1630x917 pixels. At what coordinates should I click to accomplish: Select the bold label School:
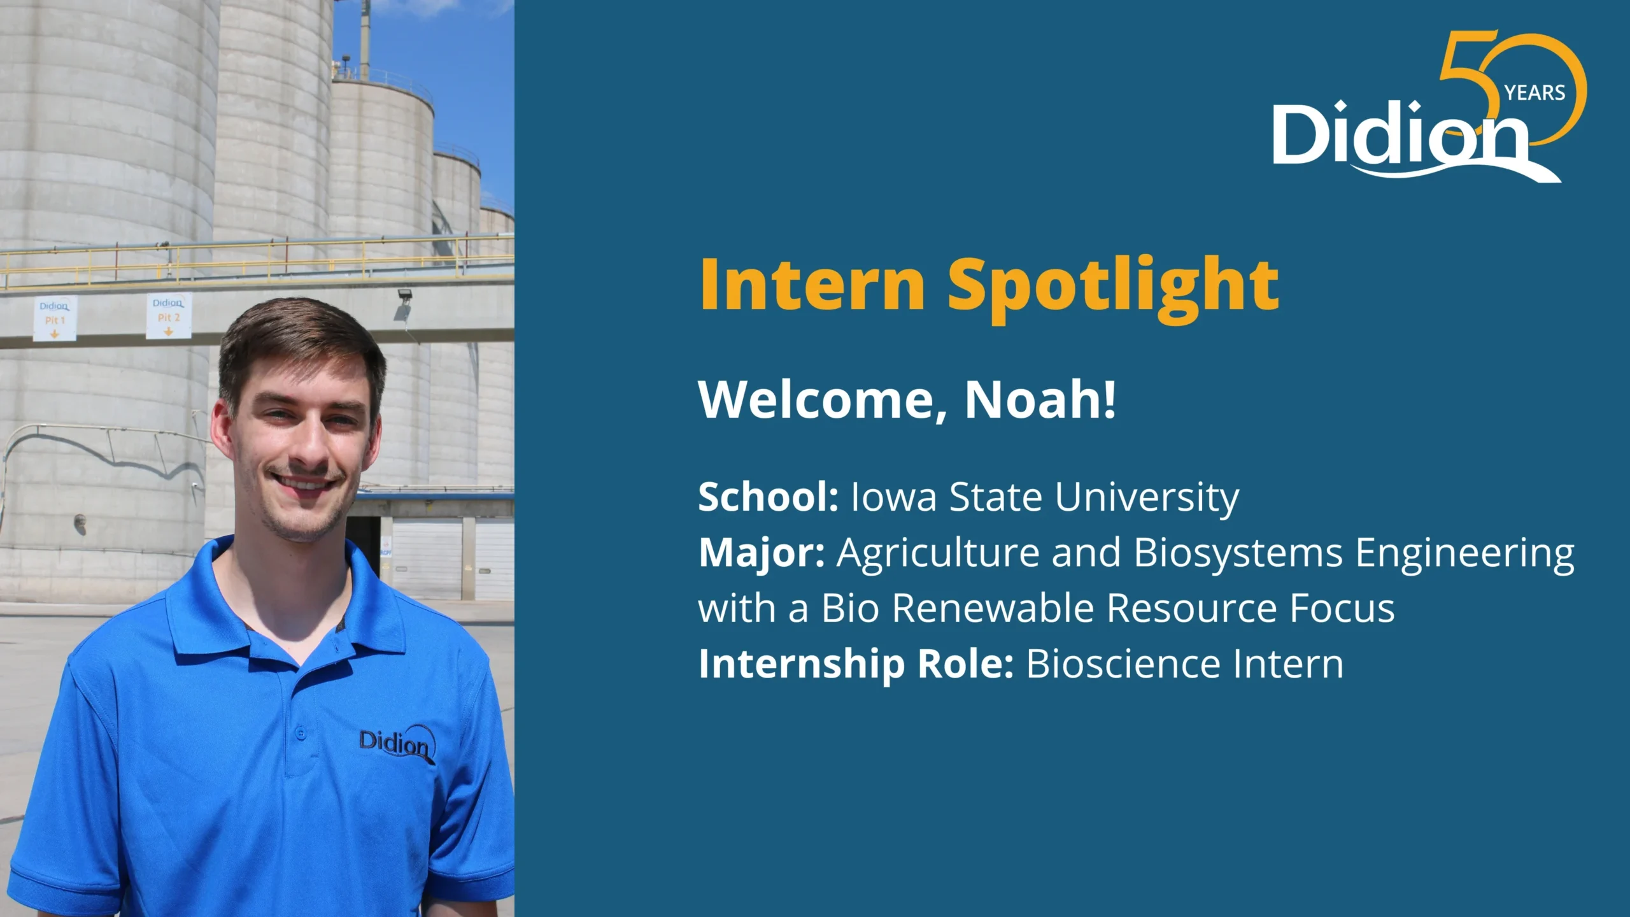coord(769,497)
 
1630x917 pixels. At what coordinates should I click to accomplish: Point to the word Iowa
coord(894,497)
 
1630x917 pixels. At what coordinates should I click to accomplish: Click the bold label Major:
coord(762,553)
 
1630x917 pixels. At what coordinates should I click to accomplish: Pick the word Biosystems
coord(1238,553)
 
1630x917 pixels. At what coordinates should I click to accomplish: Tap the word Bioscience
coord(1123,664)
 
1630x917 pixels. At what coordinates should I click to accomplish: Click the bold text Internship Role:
coord(856,665)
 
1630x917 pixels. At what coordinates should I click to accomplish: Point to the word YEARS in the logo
coord(1534,93)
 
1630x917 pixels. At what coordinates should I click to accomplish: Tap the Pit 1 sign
coord(55,318)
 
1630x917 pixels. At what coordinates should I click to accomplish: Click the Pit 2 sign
coord(169,316)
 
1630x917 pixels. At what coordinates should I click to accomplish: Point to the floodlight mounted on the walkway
coord(404,303)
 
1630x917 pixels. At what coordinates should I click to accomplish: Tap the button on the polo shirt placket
coord(301,734)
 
